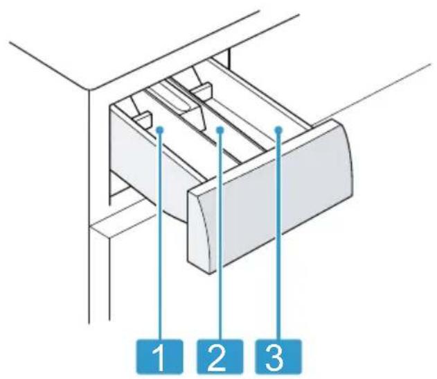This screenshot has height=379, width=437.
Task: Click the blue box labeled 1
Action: (160, 356)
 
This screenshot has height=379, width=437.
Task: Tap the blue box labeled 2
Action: (220, 356)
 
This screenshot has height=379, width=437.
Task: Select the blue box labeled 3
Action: (278, 356)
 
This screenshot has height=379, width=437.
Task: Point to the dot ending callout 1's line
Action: (160, 130)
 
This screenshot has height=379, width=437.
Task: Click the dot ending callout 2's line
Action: (221, 130)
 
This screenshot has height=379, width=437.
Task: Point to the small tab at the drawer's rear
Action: (202, 91)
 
